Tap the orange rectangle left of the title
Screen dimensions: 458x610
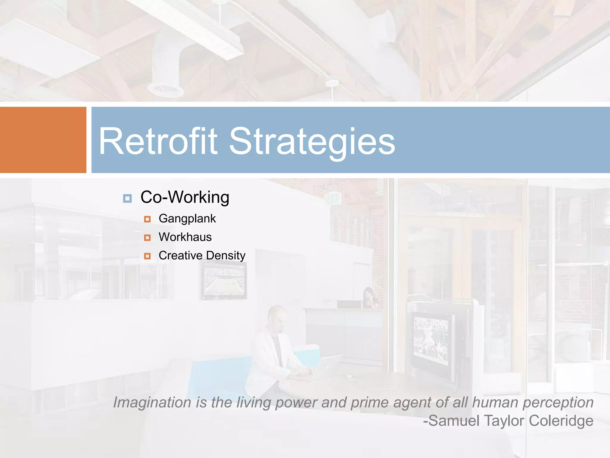point(43,140)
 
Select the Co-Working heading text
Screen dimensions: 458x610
point(185,197)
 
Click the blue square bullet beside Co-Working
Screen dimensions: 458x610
point(127,198)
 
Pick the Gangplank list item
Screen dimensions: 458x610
point(187,219)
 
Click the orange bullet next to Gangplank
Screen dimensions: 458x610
point(147,219)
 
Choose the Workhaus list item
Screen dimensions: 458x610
point(185,237)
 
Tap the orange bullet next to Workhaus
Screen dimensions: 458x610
point(147,238)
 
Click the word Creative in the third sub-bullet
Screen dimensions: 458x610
point(180,256)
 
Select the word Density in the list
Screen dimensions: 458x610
point(225,256)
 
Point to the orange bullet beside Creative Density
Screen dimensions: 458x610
point(147,256)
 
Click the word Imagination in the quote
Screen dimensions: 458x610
point(152,403)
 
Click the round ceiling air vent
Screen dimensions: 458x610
point(165,89)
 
